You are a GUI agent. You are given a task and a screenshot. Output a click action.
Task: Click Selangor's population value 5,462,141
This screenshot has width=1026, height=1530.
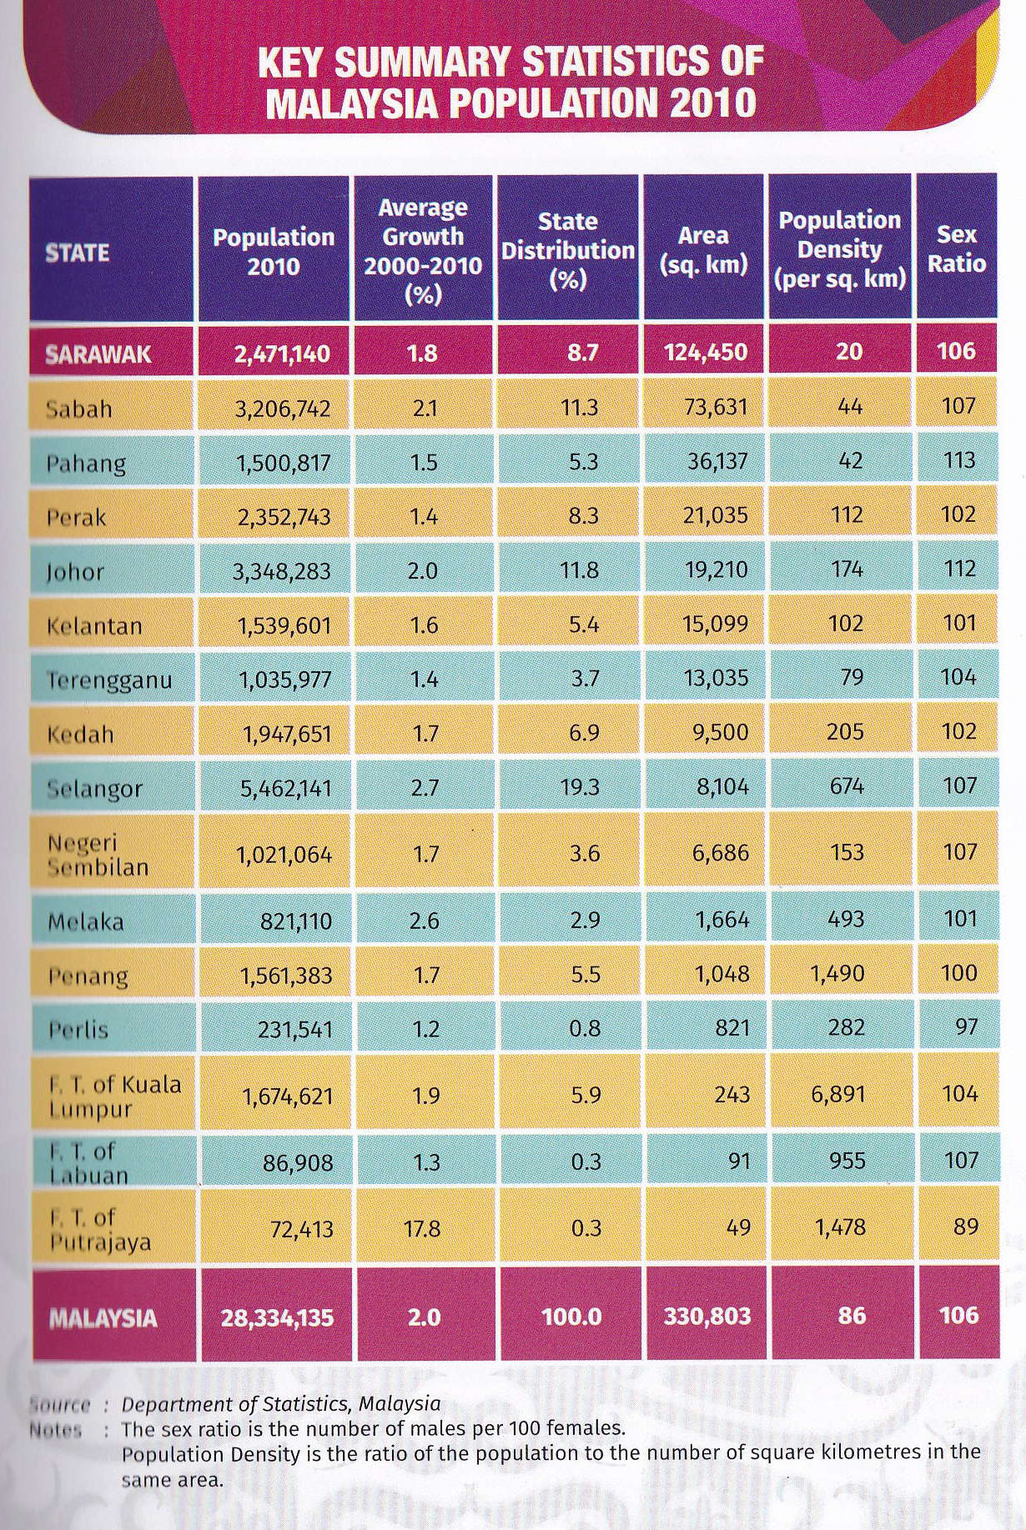[x=285, y=788]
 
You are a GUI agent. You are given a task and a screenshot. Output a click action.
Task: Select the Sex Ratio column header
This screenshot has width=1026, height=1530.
[x=956, y=248]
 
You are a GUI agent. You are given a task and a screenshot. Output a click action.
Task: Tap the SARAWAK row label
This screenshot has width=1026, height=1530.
[x=98, y=354]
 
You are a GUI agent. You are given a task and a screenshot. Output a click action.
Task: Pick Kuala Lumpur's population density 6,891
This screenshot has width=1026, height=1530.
[x=837, y=1093]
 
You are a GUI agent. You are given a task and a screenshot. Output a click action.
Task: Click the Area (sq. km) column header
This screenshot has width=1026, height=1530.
[x=703, y=250]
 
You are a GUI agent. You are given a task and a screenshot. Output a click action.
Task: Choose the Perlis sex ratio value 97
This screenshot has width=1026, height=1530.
[x=966, y=1026]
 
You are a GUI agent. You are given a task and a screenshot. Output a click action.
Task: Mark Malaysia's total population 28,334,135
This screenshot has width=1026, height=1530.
[x=277, y=1317]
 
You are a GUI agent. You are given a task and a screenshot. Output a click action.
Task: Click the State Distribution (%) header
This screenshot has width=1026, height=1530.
[x=568, y=250]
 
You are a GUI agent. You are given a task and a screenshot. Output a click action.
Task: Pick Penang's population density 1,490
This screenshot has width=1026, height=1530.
[x=837, y=973]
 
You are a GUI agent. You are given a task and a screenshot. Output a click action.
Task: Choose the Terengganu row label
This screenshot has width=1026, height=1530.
[x=109, y=680]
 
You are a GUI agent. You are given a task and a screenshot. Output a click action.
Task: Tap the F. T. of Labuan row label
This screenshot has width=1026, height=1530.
[x=88, y=1162]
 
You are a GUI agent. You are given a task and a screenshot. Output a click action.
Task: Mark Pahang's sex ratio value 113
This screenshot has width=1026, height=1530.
[x=958, y=460]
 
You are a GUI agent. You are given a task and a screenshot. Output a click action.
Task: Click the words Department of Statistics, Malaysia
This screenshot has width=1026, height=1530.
[x=281, y=1403]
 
